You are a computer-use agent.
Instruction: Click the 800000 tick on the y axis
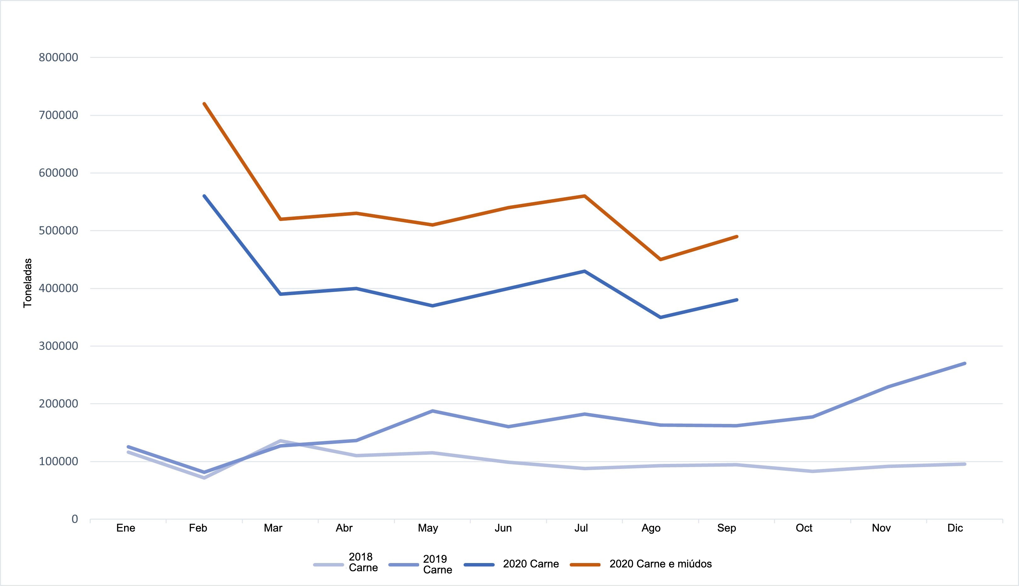click(x=58, y=58)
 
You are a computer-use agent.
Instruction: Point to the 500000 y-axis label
click(x=58, y=231)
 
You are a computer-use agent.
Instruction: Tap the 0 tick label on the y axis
click(x=75, y=519)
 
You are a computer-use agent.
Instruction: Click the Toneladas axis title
click(x=27, y=283)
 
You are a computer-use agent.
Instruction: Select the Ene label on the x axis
click(x=126, y=528)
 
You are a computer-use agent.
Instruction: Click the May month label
click(x=428, y=528)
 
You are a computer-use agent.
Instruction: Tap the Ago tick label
click(x=651, y=528)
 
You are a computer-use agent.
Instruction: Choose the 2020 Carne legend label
click(x=531, y=564)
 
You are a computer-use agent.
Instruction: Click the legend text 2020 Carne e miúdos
click(x=660, y=564)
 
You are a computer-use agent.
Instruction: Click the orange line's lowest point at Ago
click(x=661, y=260)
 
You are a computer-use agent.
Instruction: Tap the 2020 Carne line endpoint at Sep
click(x=737, y=300)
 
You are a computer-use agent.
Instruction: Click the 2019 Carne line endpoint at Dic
click(x=965, y=363)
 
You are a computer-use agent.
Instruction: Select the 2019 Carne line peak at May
click(x=432, y=411)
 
